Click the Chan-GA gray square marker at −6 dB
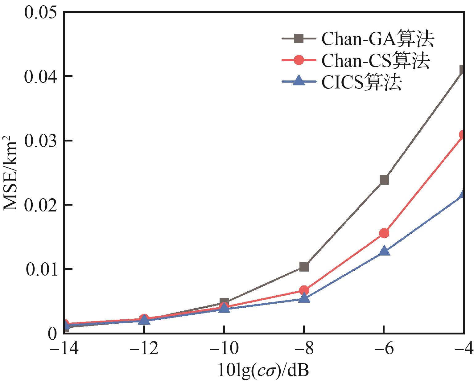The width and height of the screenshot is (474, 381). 384,180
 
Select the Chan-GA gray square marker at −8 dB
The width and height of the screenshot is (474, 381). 304,267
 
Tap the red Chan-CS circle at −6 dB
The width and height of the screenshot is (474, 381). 384,233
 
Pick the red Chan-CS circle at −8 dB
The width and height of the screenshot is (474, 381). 304,290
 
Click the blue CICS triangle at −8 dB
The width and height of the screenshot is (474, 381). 304,298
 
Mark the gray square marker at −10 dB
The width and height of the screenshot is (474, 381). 224,302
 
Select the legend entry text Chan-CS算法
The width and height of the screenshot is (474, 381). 375,61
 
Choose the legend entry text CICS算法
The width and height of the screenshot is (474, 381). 361,82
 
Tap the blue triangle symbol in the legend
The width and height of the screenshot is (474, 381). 299,82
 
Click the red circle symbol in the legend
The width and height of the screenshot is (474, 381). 299,60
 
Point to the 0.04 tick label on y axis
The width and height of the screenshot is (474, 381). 41,76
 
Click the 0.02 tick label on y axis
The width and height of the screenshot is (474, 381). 41,205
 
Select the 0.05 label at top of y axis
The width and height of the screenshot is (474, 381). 41,12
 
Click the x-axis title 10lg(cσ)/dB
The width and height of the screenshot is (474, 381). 263,370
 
